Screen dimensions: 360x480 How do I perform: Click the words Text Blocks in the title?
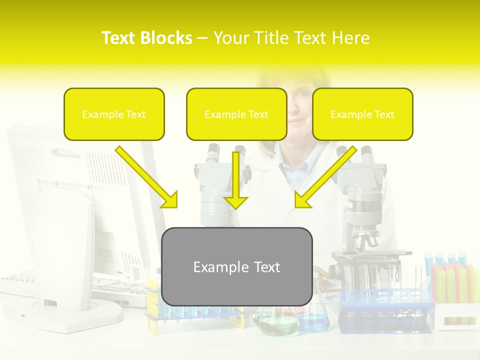(x=146, y=38)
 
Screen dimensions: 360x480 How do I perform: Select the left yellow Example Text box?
(x=114, y=114)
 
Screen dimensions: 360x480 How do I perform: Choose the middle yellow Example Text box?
(x=236, y=114)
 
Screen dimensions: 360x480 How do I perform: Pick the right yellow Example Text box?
(x=362, y=114)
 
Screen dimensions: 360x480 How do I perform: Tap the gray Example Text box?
(x=237, y=267)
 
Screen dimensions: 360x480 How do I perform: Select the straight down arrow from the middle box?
(x=236, y=180)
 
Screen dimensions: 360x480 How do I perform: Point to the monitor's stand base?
(x=75, y=312)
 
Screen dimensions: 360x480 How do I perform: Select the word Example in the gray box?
(x=215, y=267)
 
